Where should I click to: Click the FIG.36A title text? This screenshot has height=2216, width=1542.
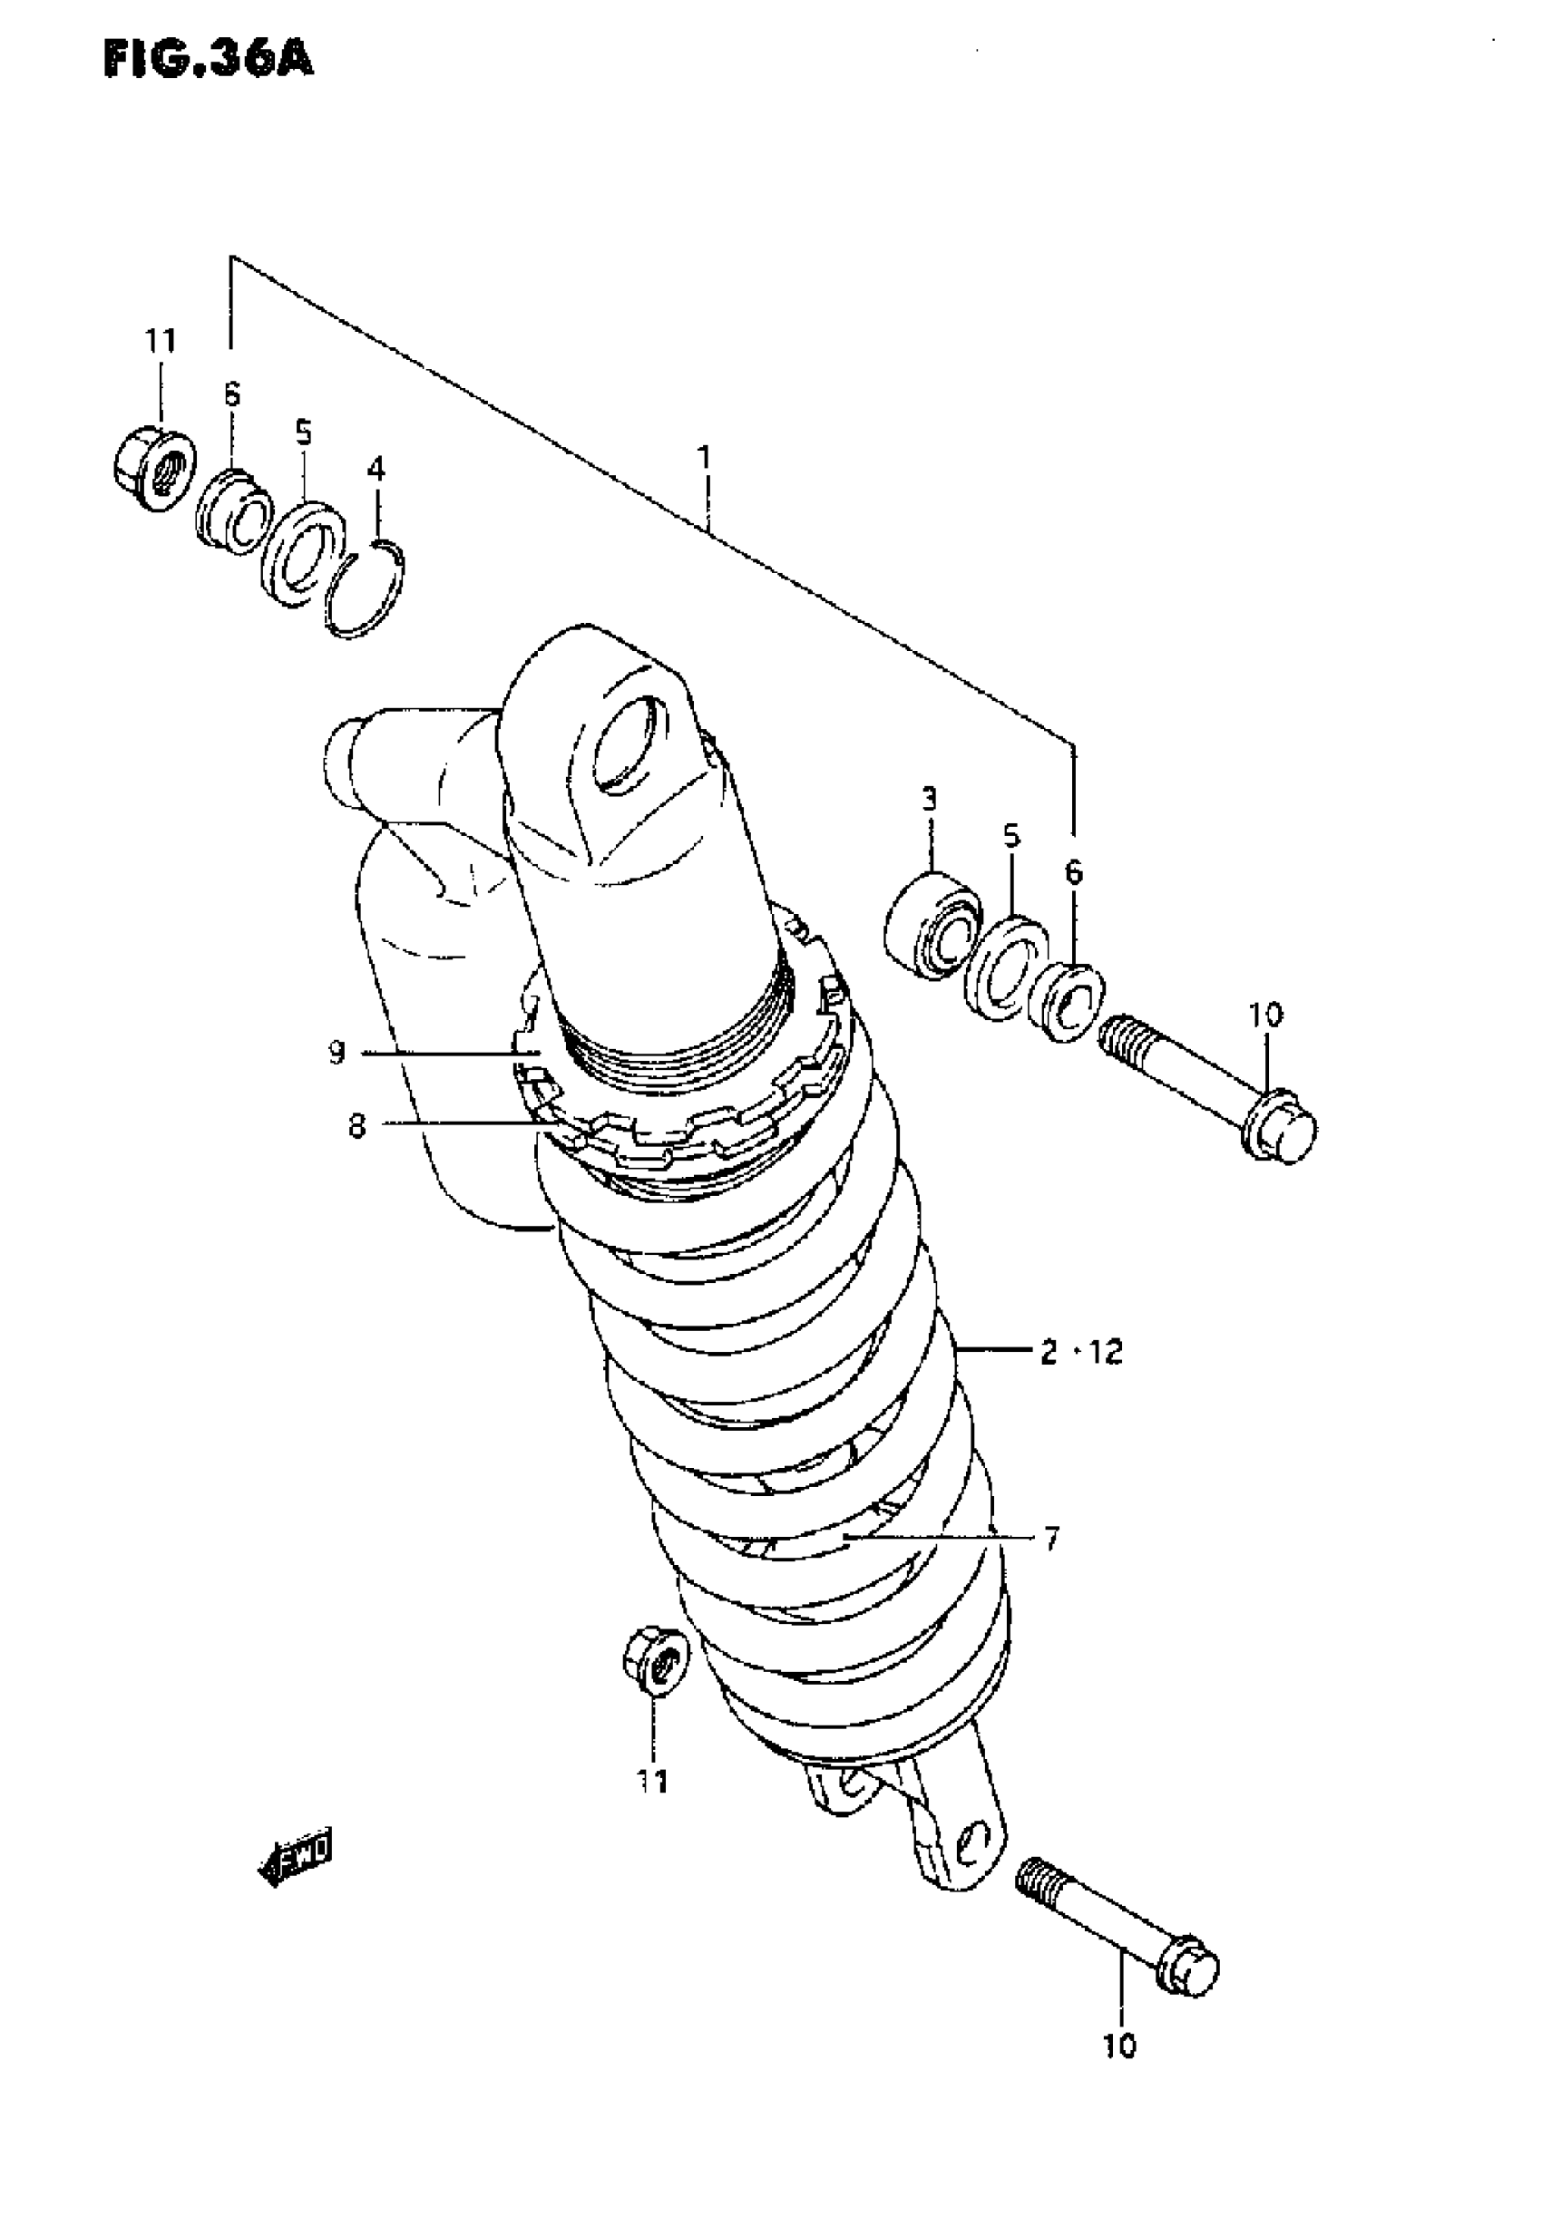click(x=208, y=60)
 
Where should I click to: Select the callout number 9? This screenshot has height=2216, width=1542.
click(x=336, y=1052)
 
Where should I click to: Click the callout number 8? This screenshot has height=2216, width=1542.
click(x=357, y=1126)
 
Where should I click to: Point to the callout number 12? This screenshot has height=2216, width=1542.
click(x=1106, y=1352)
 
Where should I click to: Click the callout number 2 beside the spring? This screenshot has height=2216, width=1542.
click(x=1049, y=1352)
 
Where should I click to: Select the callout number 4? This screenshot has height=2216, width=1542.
click(x=376, y=469)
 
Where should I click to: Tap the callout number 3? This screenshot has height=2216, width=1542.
click(x=929, y=798)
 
